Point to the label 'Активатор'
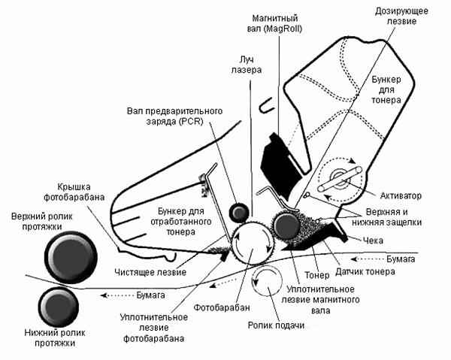[407, 195]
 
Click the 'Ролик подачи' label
[271, 324]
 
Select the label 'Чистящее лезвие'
[155, 261]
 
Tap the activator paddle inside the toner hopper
[341, 179]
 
